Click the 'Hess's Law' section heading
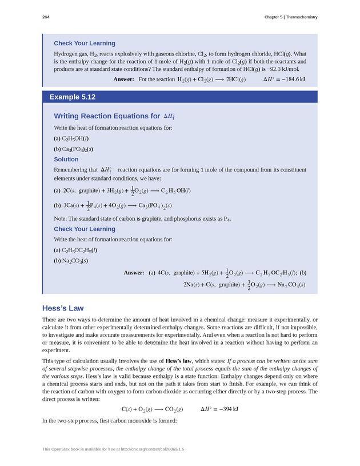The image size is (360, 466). point(63,308)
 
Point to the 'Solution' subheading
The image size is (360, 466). point(66,159)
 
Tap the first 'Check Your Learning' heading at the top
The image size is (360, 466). point(85,43)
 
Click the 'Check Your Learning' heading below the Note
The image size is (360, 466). point(85,229)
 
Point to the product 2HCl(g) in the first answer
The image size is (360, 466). point(232,79)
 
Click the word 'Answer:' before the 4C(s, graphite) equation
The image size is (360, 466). point(134,273)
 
